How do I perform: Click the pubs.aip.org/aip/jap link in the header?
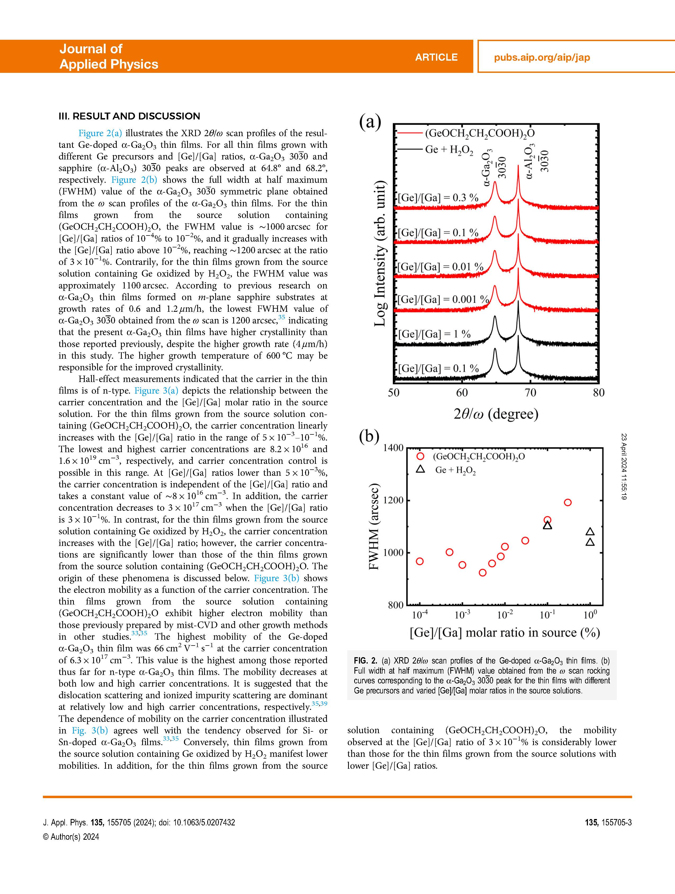542,57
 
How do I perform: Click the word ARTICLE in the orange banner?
436,57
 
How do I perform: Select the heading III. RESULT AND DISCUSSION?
129,116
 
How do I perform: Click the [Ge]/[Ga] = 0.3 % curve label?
438,198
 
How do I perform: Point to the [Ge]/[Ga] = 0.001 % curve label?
443,300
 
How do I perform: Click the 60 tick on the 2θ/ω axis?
462,393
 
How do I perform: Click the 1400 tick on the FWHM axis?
393,448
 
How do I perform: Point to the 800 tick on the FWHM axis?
395,605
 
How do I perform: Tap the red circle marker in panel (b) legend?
420,456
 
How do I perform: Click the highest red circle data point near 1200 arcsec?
568,502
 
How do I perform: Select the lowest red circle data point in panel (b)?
482,573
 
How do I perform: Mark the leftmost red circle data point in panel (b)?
420,561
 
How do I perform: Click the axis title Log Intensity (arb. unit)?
379,254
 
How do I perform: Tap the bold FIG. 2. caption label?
365,661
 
